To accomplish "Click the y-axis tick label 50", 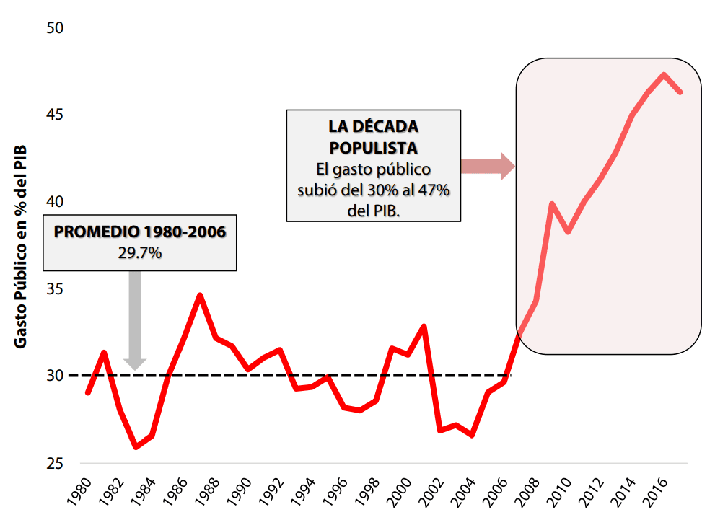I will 56,28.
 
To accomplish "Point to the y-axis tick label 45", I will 56,115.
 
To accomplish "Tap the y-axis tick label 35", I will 56,289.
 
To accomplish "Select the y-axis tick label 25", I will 56,463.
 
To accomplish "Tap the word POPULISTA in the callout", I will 373,148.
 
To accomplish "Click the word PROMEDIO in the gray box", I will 96,232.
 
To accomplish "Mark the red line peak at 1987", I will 200,295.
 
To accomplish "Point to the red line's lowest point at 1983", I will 135,447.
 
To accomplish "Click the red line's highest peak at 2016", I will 663,74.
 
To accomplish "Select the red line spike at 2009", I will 551,204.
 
